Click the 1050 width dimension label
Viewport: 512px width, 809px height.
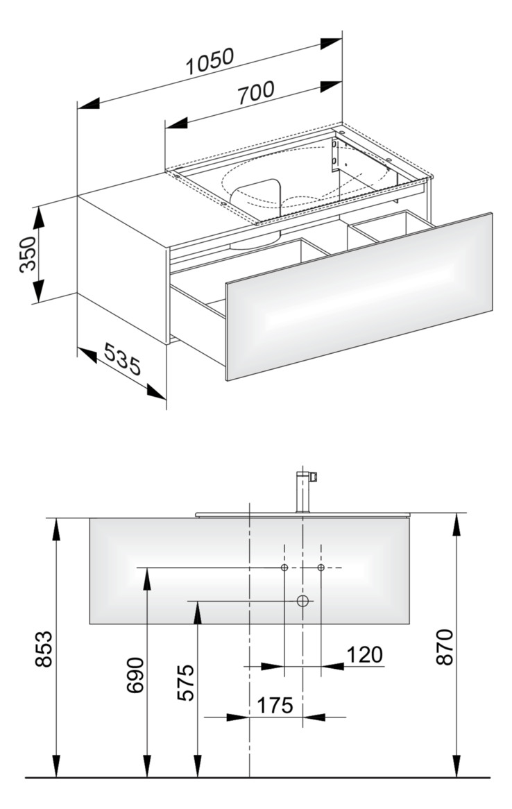pyautogui.click(x=210, y=62)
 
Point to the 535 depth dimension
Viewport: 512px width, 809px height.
pyautogui.click(x=123, y=361)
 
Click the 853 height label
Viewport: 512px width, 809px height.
pyautogui.click(x=44, y=648)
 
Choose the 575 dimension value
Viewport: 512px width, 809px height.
pyautogui.click(x=185, y=683)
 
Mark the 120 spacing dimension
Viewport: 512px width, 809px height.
pyautogui.click(x=364, y=654)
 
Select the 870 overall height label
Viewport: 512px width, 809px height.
pyautogui.click(x=445, y=647)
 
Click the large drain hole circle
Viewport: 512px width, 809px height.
pyautogui.click(x=302, y=601)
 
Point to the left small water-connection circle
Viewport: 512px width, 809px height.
pyautogui.click(x=284, y=568)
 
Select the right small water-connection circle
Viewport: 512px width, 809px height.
pyautogui.click(x=321, y=568)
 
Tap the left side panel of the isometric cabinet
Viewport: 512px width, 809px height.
pyautogui.click(x=122, y=269)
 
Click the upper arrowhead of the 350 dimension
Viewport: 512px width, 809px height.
pyautogui.click(x=38, y=215)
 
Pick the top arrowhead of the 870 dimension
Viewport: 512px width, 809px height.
pyautogui.click(x=456, y=525)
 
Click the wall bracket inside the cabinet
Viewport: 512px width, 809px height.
pyautogui.click(x=335, y=155)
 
